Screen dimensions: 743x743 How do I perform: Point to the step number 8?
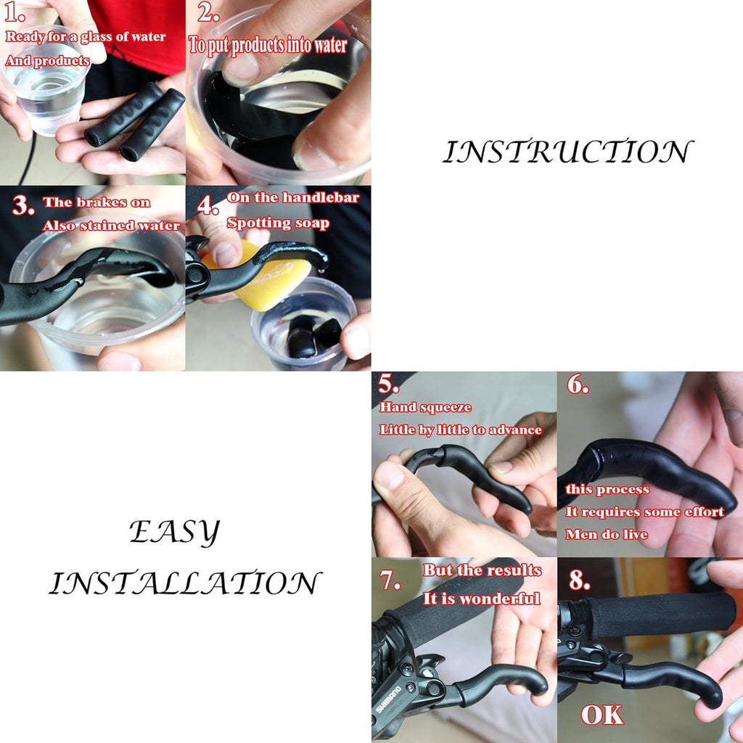580,580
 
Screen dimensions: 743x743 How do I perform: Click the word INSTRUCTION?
567,152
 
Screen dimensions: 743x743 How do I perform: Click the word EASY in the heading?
175,532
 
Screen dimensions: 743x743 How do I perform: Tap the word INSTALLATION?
185,583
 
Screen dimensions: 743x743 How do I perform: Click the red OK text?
602,715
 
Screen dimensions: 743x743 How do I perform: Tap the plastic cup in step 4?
303,324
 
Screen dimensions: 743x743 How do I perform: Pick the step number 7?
390,579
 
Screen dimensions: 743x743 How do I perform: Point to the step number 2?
208,12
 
